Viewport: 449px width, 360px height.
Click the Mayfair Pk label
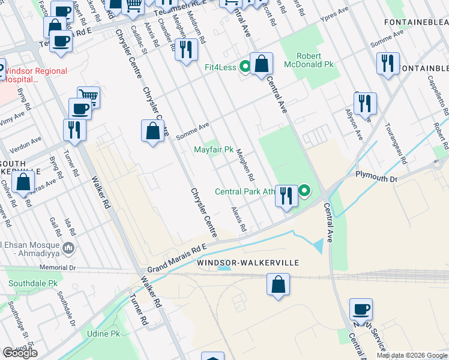(213, 149)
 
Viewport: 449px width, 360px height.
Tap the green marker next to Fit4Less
(245, 66)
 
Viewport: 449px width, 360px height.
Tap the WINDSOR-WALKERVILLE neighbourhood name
(248, 263)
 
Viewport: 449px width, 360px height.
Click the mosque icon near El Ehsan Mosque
(69, 248)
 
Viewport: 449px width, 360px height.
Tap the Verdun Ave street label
(27, 142)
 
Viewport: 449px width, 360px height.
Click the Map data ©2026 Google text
(412, 355)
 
